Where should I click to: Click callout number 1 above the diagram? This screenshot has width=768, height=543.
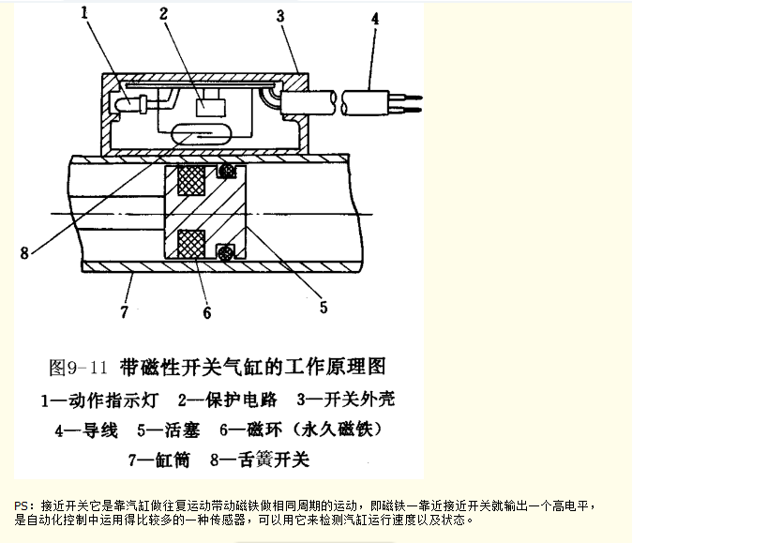tap(84, 13)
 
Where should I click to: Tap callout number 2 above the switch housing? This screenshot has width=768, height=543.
tap(163, 13)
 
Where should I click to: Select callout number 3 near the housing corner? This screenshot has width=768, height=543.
tap(280, 16)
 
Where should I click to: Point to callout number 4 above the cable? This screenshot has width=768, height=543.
tap(375, 19)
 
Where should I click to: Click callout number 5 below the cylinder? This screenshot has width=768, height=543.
tap(324, 307)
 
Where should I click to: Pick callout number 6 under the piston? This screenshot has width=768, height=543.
tap(207, 312)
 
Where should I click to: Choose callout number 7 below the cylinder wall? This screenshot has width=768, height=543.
tap(125, 311)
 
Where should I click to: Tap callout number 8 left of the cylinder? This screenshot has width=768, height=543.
tap(24, 252)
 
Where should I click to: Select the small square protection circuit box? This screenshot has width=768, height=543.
tap(211, 108)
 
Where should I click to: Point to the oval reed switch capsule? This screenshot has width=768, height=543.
tap(192, 133)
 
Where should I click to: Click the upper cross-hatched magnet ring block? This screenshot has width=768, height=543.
tap(191, 180)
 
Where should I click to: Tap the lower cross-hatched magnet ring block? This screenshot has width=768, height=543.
tap(191, 243)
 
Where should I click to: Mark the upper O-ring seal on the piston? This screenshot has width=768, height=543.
tap(226, 171)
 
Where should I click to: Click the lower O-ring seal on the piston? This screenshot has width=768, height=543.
tap(226, 252)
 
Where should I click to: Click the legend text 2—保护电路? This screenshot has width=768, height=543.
tap(227, 400)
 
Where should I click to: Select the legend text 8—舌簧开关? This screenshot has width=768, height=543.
tap(260, 460)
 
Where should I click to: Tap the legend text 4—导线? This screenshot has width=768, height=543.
tap(86, 430)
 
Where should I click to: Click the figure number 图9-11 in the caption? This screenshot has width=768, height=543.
tap(78, 368)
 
